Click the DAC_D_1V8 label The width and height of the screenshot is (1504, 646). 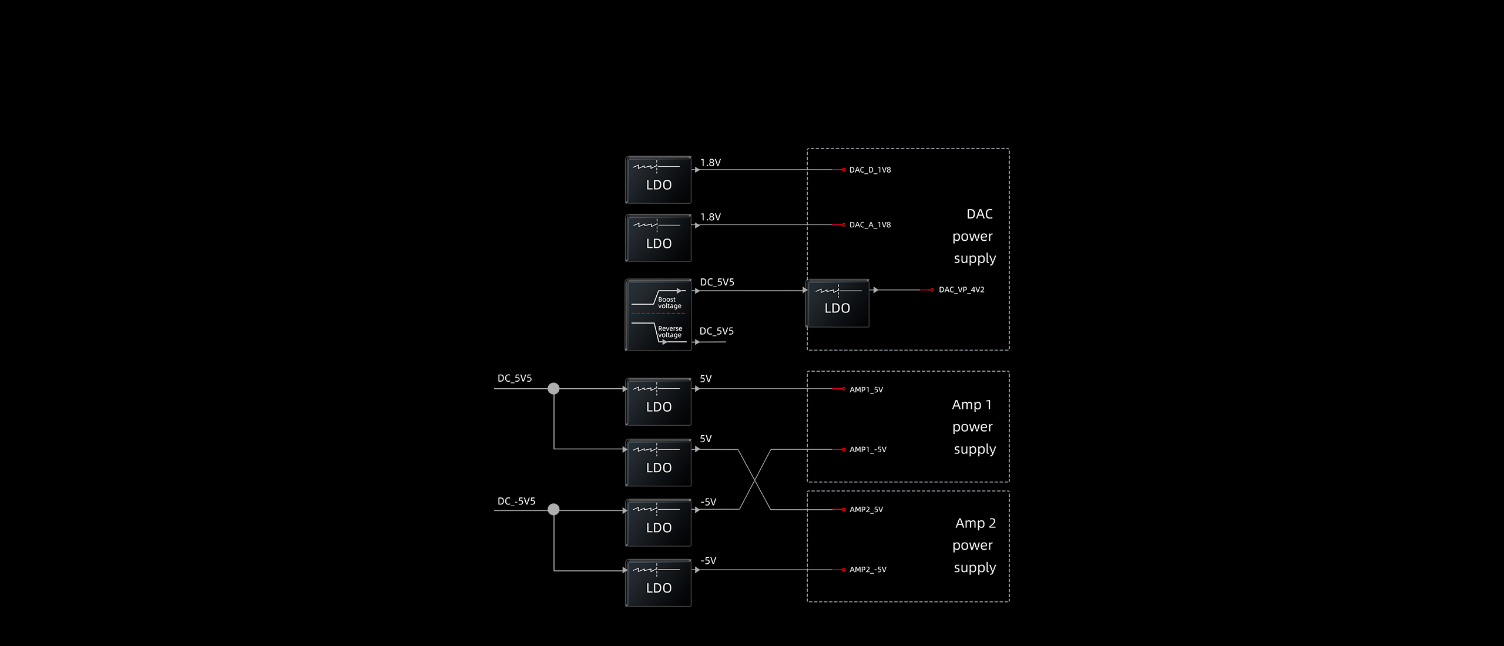point(869,170)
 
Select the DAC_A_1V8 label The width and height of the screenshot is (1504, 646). point(869,225)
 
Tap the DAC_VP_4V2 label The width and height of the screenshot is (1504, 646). point(961,290)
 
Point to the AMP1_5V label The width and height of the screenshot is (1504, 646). point(866,390)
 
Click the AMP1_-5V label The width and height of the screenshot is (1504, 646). point(868,450)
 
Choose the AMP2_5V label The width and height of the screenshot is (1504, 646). point(866,510)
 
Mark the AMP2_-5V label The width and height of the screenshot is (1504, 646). point(868,570)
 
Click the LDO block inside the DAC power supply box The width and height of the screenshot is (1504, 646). point(837,303)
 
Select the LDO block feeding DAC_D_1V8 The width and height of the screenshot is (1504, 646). point(658,180)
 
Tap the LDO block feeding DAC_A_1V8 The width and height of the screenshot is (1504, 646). point(658,238)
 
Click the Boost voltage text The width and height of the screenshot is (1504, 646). point(669,303)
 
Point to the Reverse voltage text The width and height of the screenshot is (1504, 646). point(670,332)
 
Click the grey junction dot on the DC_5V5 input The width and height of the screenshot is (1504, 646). point(553,389)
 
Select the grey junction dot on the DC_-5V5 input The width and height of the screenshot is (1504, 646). point(553,510)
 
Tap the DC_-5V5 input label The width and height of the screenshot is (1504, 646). point(516,502)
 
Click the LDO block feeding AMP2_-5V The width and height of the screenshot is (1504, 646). point(658,583)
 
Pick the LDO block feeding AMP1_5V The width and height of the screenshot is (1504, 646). point(658,402)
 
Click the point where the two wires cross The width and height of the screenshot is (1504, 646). point(755,480)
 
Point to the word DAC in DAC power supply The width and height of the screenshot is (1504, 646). point(979,214)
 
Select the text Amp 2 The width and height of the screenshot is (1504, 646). point(975,523)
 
